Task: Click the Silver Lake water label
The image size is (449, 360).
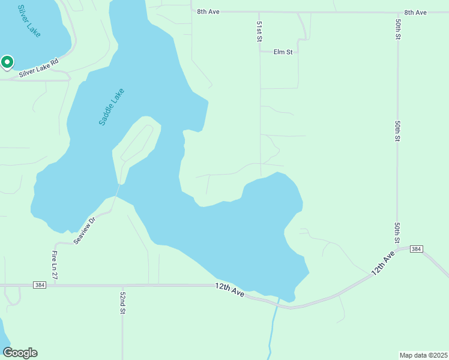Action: click(29, 21)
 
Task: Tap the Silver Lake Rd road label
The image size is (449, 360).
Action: click(39, 67)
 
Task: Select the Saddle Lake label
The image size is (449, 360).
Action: click(112, 107)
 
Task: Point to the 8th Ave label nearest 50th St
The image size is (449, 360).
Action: click(415, 12)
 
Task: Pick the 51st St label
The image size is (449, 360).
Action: click(259, 31)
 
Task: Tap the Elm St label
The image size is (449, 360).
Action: click(283, 52)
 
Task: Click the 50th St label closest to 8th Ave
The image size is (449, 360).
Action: click(398, 29)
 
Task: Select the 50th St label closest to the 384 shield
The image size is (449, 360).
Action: click(397, 232)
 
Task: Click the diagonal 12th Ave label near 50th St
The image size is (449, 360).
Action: click(382, 263)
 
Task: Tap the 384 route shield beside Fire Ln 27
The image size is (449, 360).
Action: click(40, 285)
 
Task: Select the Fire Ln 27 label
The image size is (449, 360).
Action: click(54, 265)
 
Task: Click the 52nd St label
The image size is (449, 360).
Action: click(122, 303)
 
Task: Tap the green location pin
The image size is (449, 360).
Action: click(7, 62)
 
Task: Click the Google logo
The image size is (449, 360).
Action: click(20, 353)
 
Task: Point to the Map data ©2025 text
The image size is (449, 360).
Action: click(423, 355)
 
